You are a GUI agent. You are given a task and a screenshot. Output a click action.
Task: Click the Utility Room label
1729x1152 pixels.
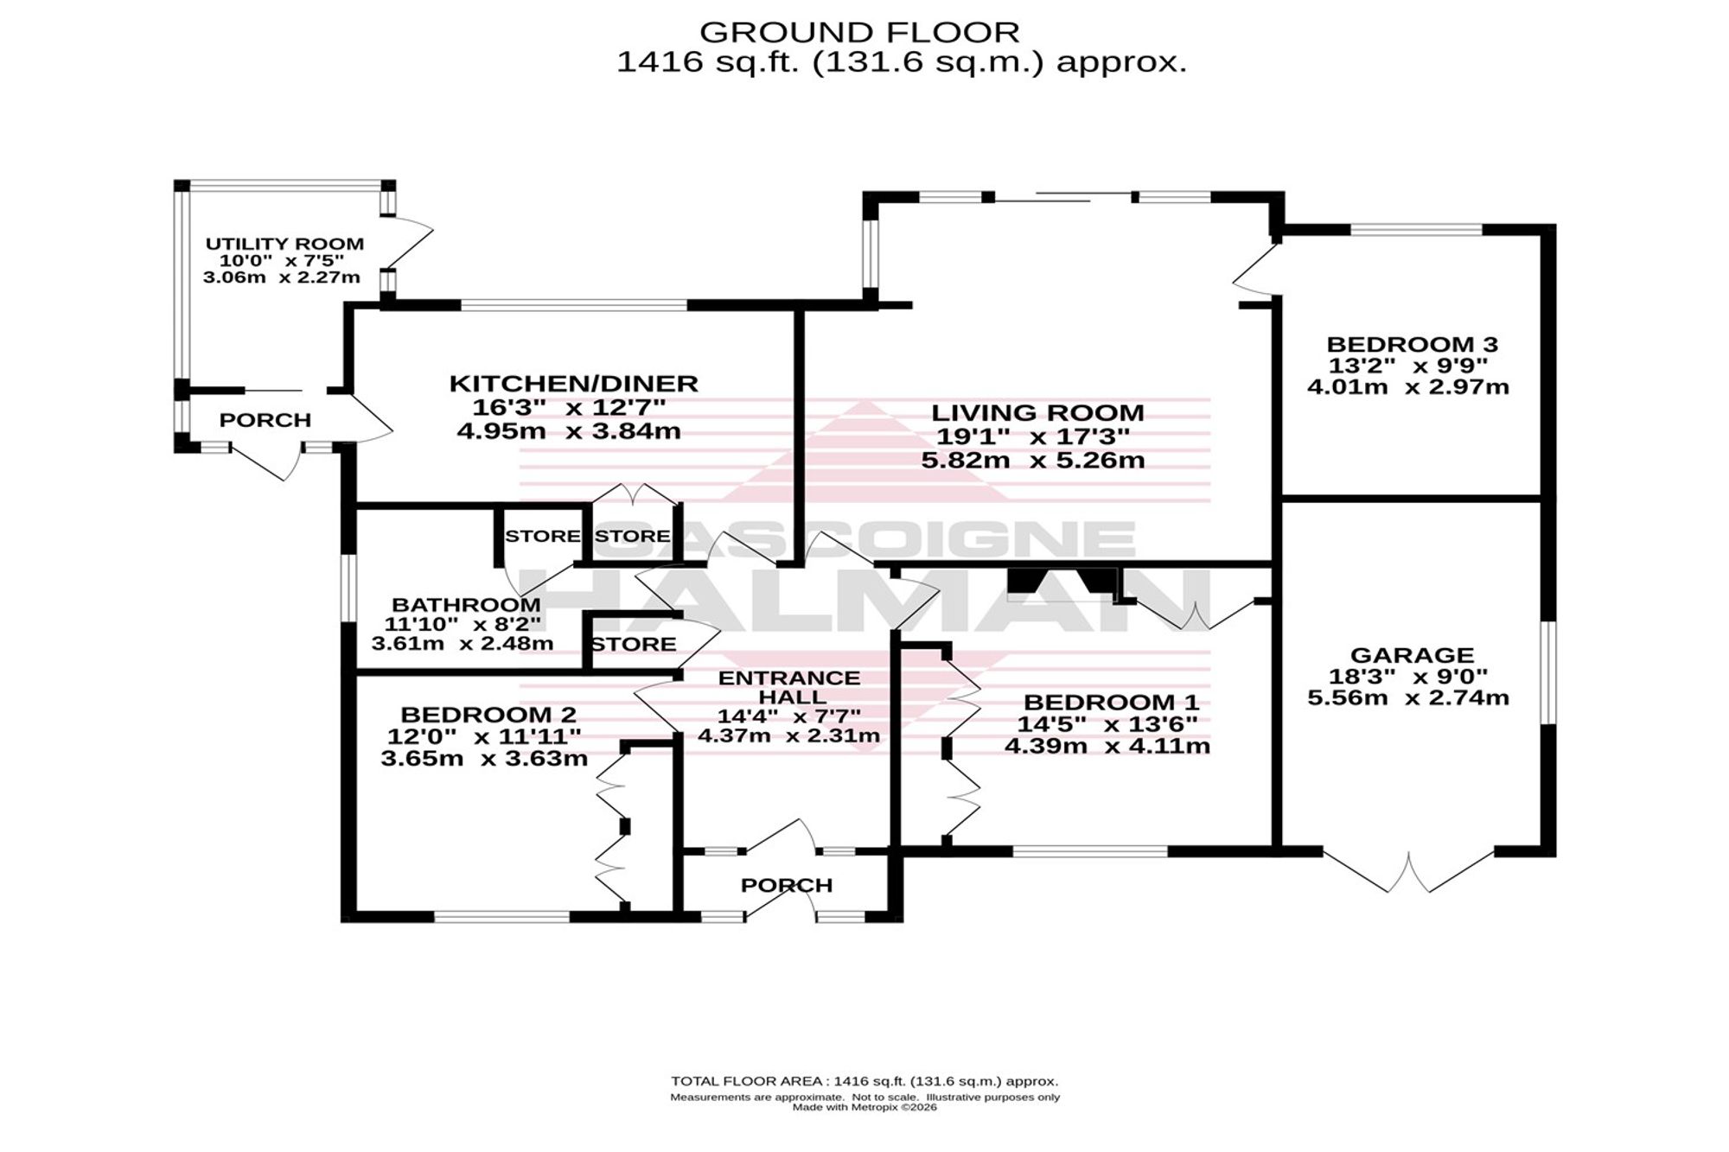coord(284,244)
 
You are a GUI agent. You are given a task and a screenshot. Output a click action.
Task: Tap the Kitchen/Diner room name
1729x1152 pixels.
coord(573,383)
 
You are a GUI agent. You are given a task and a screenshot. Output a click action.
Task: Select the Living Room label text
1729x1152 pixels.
coord(1037,412)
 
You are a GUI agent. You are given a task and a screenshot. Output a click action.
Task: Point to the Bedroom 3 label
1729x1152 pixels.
coord(1412,344)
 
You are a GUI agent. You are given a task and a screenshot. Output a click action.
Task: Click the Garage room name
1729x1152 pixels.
coord(1412,655)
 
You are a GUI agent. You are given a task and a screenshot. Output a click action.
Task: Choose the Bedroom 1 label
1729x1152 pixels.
coord(1111,702)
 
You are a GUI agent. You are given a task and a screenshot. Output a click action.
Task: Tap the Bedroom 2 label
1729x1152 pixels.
coord(488,715)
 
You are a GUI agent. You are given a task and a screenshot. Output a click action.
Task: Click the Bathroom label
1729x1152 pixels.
coord(466,605)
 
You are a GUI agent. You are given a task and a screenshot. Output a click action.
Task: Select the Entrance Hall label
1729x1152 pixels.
coord(789,686)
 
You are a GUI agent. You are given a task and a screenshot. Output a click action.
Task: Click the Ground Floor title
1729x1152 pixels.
coord(859,32)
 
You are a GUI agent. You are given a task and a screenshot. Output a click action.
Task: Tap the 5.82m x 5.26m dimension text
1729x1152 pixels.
coord(1033,460)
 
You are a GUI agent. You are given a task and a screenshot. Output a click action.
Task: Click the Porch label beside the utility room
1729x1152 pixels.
coord(265,420)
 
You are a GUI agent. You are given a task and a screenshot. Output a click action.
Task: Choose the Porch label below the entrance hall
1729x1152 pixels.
coord(787,885)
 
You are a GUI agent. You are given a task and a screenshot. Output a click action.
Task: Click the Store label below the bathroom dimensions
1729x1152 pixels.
coord(634,644)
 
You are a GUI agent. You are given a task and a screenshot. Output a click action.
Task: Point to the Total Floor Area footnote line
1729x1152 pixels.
coord(864,1081)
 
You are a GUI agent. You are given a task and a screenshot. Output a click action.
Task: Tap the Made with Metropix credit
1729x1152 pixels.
coord(864,1107)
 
